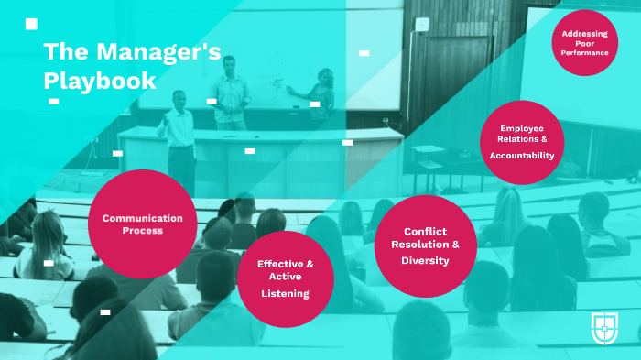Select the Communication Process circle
(x=142, y=224)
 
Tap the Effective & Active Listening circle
(x=285, y=277)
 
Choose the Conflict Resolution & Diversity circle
(x=425, y=245)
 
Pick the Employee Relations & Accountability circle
(x=522, y=142)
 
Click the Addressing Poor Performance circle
(x=584, y=43)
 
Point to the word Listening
(x=285, y=293)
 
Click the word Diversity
(x=425, y=260)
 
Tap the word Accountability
(x=522, y=156)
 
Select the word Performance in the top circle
(x=584, y=53)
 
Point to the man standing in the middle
(x=232, y=92)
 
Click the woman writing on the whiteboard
(x=322, y=96)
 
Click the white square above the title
(x=31, y=24)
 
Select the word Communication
(x=142, y=218)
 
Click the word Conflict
(x=425, y=231)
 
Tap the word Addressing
(x=584, y=34)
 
